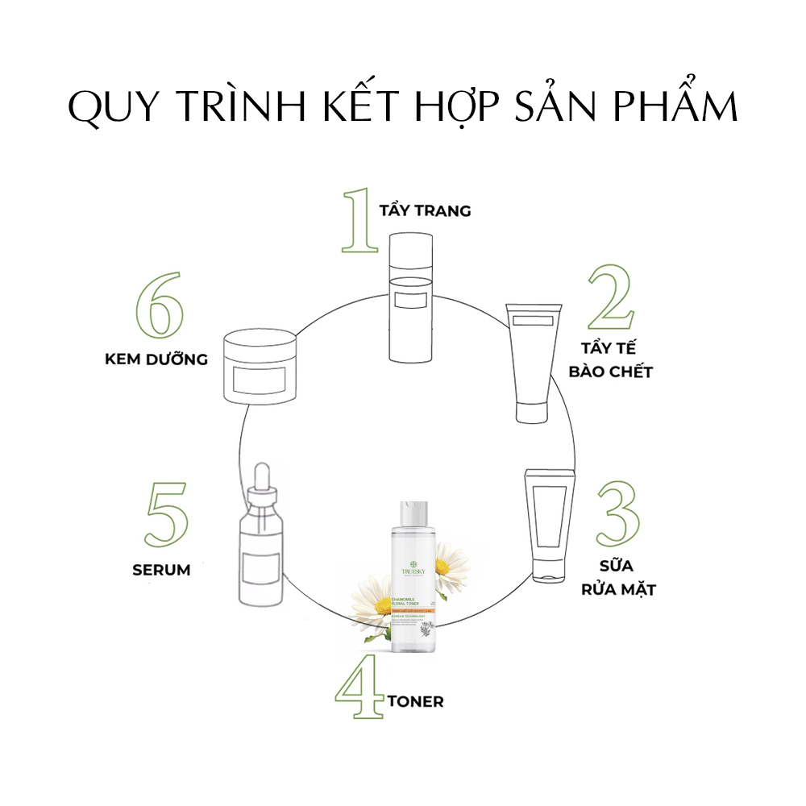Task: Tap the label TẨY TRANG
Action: [425, 210]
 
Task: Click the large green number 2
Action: [612, 298]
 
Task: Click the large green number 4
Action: [359, 692]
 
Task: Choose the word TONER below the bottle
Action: [415, 702]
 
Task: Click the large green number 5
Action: [167, 517]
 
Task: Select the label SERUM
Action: [161, 570]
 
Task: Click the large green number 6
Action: [160, 309]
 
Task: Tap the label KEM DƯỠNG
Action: [156, 359]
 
